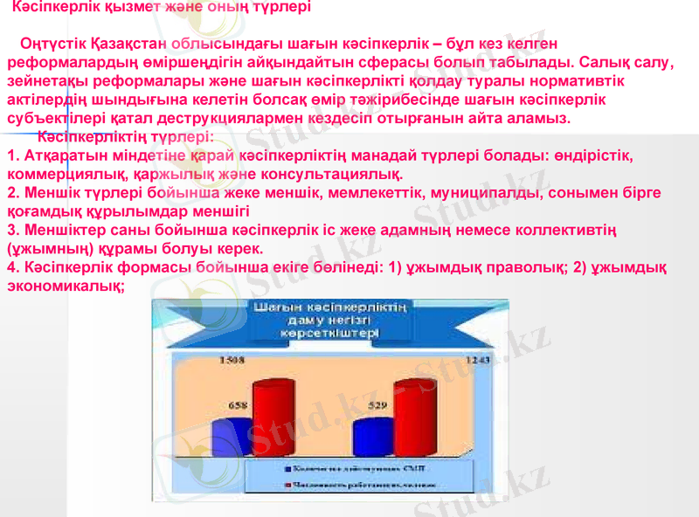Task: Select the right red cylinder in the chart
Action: [x=415, y=419]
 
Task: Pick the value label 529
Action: [x=377, y=405]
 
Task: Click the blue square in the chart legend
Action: [x=287, y=469]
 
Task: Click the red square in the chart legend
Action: [x=287, y=485]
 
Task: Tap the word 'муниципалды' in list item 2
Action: [x=448, y=193]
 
